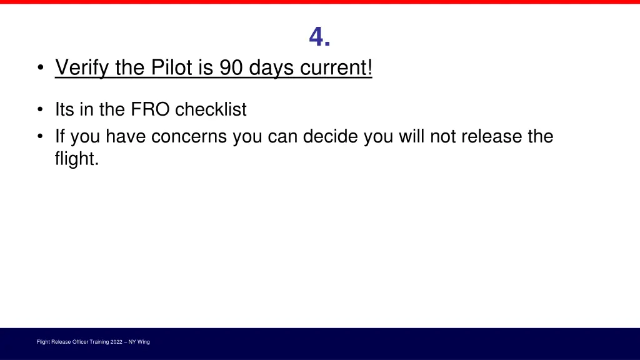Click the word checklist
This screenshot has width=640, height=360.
tap(211, 110)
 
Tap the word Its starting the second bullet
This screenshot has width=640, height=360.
tap(66, 110)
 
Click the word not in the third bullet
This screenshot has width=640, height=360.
tap(442, 136)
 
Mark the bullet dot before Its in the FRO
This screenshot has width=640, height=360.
tap(40, 111)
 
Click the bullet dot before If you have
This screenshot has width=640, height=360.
tap(40, 137)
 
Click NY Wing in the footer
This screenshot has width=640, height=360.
tap(139, 342)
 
